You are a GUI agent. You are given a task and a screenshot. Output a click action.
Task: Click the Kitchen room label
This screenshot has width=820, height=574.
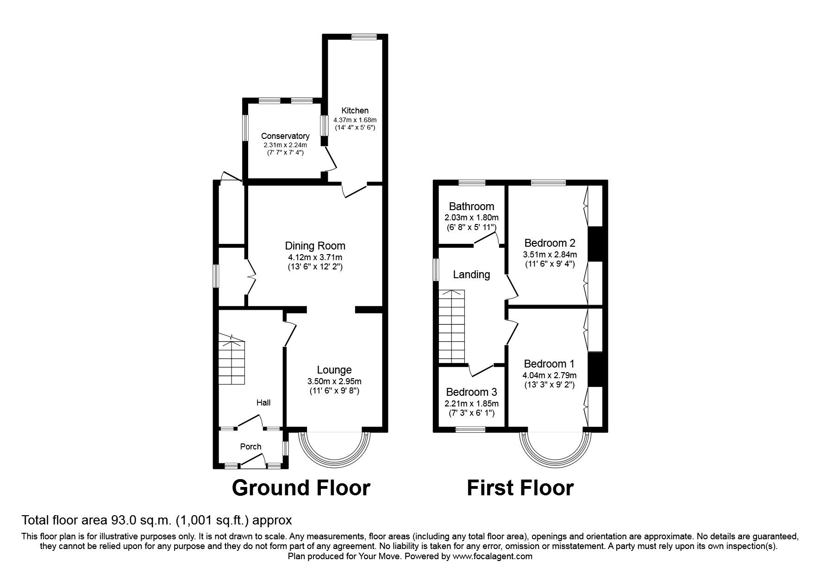pyautogui.click(x=355, y=111)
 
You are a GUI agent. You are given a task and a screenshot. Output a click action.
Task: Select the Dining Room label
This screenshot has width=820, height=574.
pyautogui.click(x=315, y=246)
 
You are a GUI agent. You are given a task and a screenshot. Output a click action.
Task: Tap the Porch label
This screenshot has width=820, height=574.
pyautogui.click(x=250, y=447)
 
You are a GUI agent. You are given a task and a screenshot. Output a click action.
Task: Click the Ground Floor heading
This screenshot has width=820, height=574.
pyautogui.click(x=301, y=488)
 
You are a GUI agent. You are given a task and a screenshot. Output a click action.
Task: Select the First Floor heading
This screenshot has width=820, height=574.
pyautogui.click(x=520, y=488)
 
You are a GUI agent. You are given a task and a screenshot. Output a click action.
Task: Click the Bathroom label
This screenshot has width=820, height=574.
pyautogui.click(x=471, y=206)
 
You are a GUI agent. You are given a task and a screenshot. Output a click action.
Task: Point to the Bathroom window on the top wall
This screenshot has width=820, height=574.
pyautogui.click(x=472, y=183)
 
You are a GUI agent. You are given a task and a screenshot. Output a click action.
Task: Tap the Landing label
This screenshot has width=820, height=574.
pyautogui.click(x=471, y=275)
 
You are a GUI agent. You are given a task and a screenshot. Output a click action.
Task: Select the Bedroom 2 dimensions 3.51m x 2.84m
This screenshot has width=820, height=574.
pyautogui.click(x=550, y=255)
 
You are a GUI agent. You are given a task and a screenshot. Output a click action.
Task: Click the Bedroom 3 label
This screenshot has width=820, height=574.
pyautogui.click(x=471, y=392)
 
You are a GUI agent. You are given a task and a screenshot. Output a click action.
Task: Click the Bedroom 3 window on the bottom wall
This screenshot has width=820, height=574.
pyautogui.click(x=470, y=430)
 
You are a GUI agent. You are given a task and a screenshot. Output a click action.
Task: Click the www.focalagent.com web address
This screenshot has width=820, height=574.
pyautogui.click(x=492, y=557)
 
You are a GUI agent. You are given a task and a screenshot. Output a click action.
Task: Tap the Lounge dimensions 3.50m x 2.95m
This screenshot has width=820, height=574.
pyautogui.click(x=334, y=382)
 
